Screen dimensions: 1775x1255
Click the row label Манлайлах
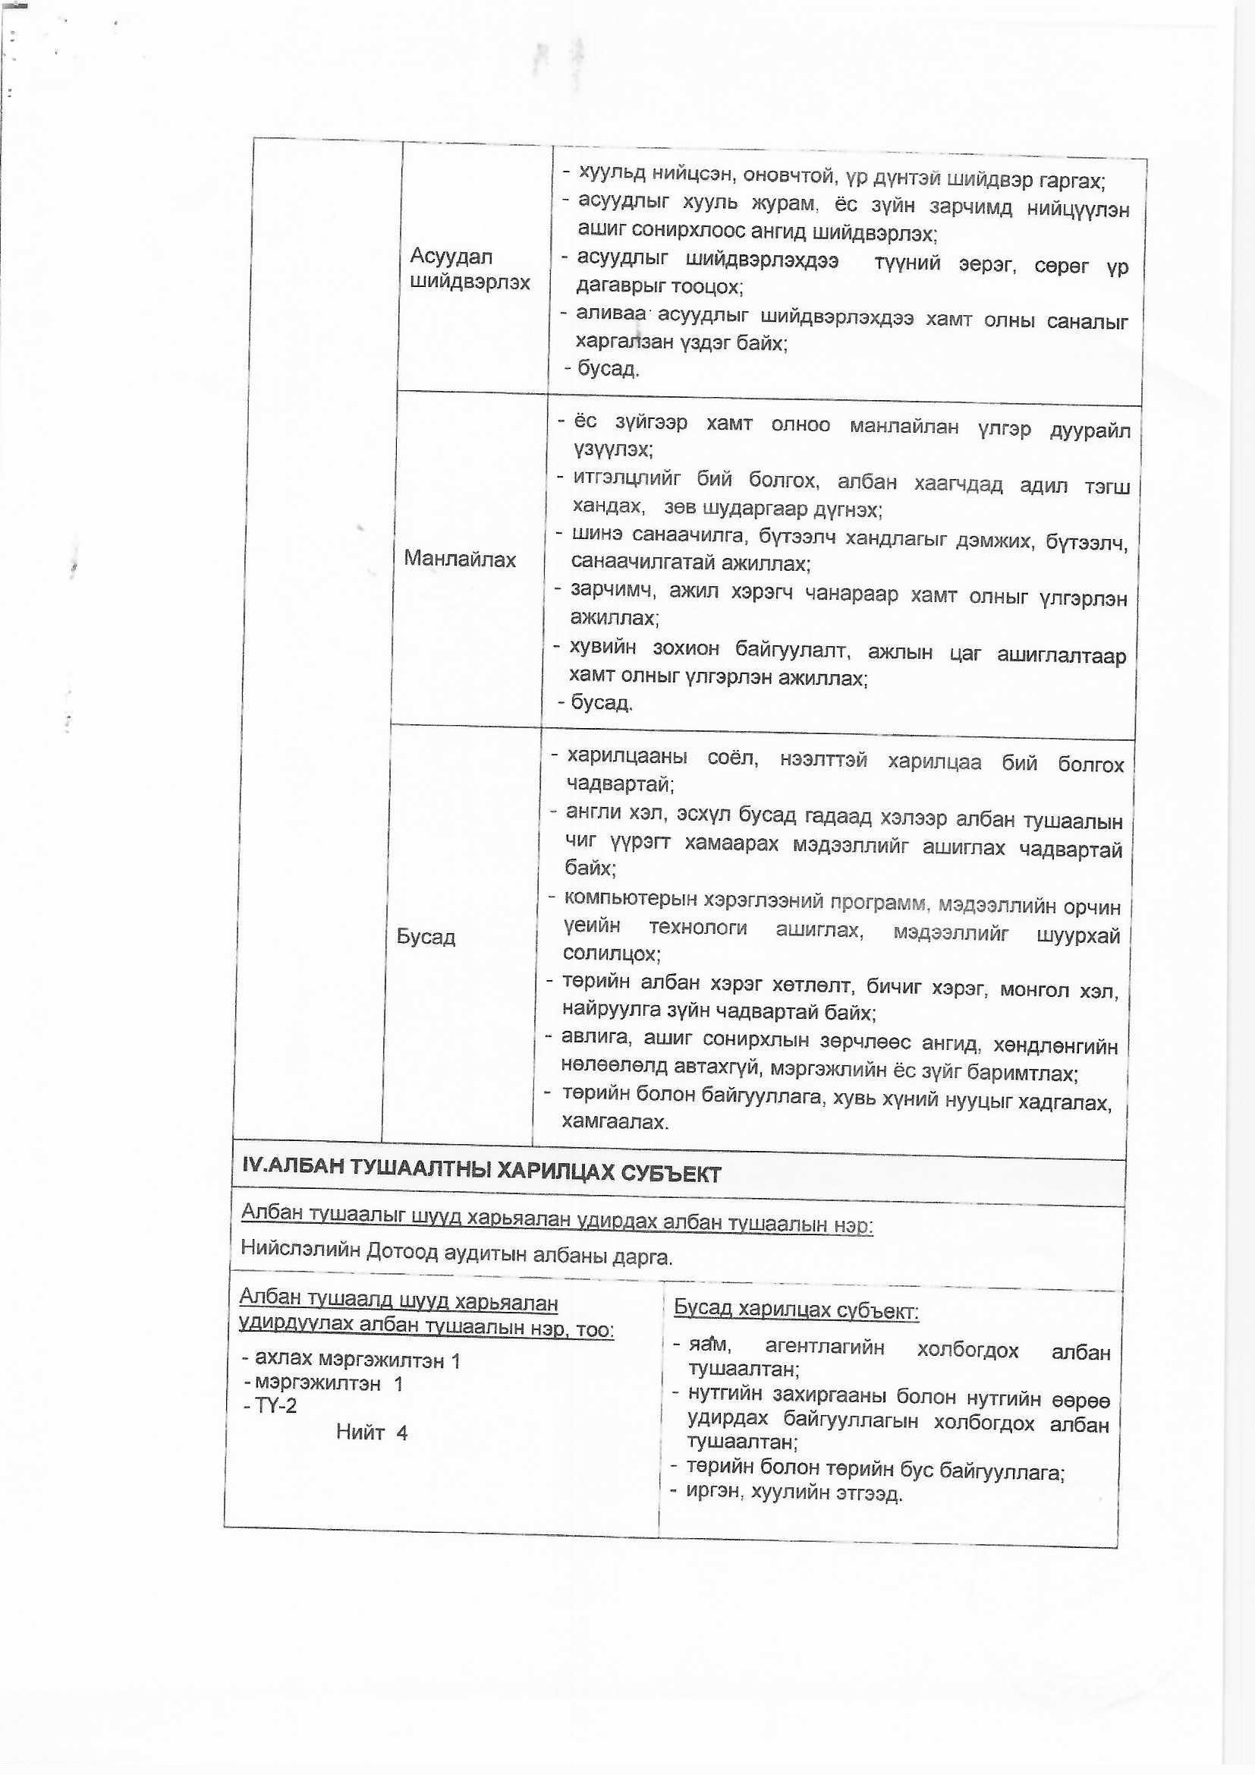pyautogui.click(x=460, y=559)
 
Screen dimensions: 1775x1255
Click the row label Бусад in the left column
pyautogui.click(x=426, y=937)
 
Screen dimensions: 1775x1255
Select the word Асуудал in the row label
pyautogui.click(x=451, y=256)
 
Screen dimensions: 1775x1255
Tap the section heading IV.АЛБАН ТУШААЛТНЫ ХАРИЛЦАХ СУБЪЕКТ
pyautogui.click(x=482, y=1173)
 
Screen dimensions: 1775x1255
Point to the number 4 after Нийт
pyautogui.click(x=402, y=1433)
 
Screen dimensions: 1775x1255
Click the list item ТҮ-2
pyautogui.click(x=276, y=1405)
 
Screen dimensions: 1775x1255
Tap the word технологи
pyautogui.click(x=698, y=928)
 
